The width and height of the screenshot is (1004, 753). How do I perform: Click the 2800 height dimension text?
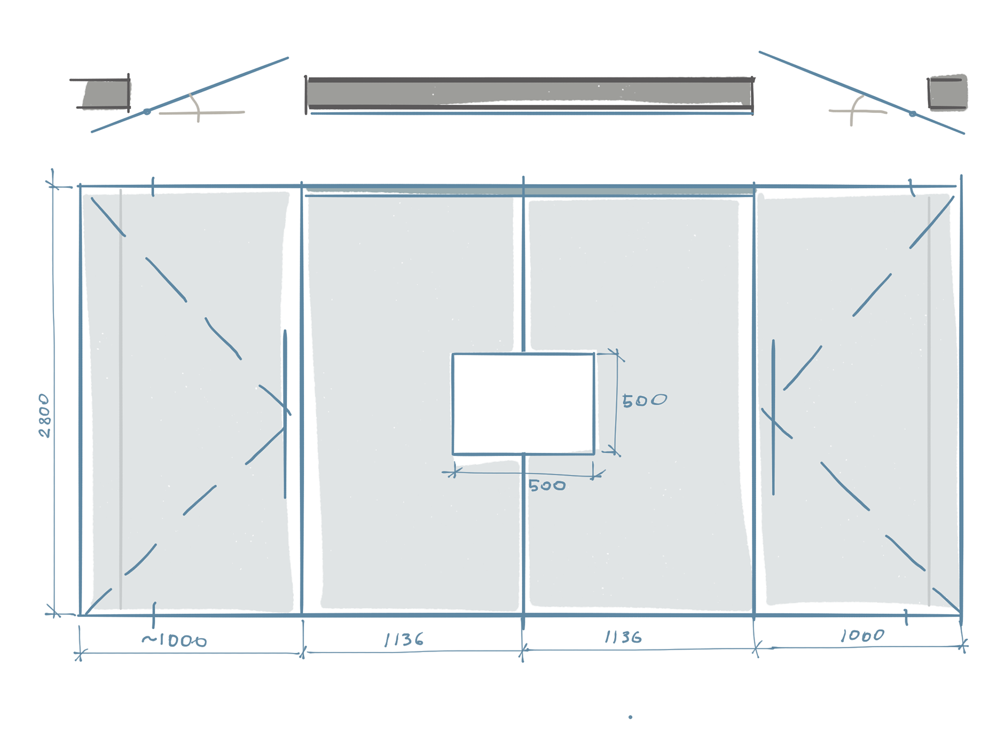point(45,416)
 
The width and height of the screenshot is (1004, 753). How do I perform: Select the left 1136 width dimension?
point(404,639)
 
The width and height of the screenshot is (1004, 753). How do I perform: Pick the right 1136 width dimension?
point(623,637)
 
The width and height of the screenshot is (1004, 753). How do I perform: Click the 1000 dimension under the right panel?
point(862,635)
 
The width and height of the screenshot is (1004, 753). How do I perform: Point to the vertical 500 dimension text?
point(644,401)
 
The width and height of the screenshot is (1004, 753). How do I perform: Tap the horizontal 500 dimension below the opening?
point(547,486)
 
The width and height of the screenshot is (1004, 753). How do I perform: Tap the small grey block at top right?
point(947,93)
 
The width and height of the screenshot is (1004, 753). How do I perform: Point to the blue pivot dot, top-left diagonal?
point(147,111)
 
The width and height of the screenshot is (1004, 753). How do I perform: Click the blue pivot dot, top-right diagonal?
point(912,113)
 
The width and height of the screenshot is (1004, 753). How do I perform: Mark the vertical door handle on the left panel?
point(285,413)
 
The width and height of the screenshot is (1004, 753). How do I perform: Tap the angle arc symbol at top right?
point(854,107)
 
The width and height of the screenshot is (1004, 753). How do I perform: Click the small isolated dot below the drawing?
point(630,717)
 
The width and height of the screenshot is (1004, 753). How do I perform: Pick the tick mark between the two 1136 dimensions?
point(522,651)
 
